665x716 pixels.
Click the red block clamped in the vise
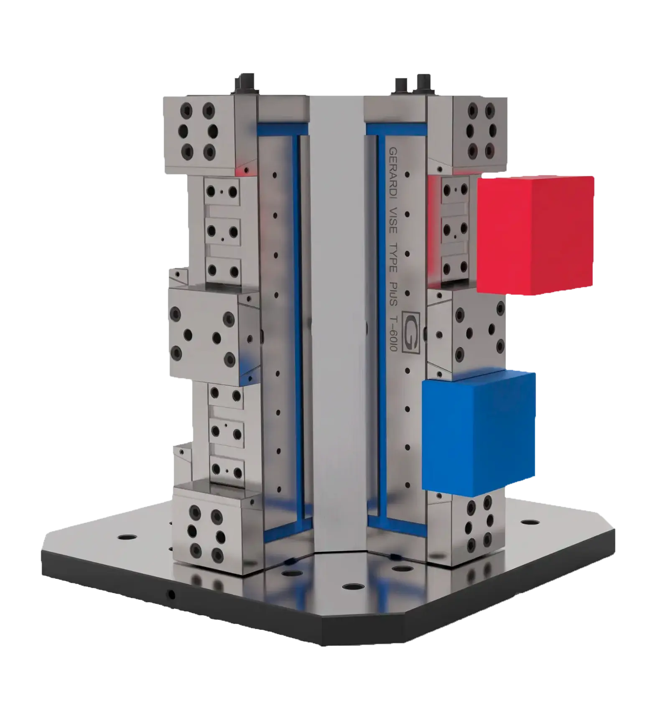pyautogui.click(x=535, y=235)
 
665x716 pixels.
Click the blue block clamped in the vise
pyautogui.click(x=479, y=431)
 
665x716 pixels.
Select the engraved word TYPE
pyautogui.click(x=393, y=257)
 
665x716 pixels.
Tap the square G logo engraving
pyautogui.click(x=410, y=332)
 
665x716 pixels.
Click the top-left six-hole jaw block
pyautogui.click(x=199, y=135)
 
